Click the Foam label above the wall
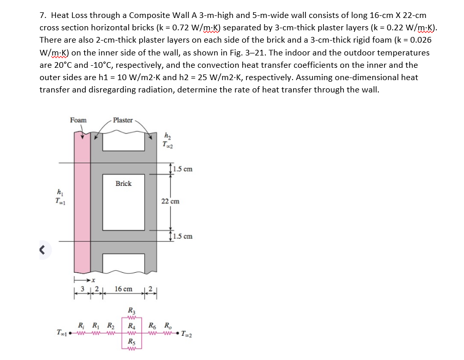point(79,120)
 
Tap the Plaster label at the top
point(123,120)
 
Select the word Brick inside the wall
point(123,183)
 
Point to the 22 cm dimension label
point(170,201)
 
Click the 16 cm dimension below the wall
point(124,290)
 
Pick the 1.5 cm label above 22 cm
point(183,169)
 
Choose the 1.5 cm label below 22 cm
point(183,237)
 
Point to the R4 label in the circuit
point(132,325)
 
